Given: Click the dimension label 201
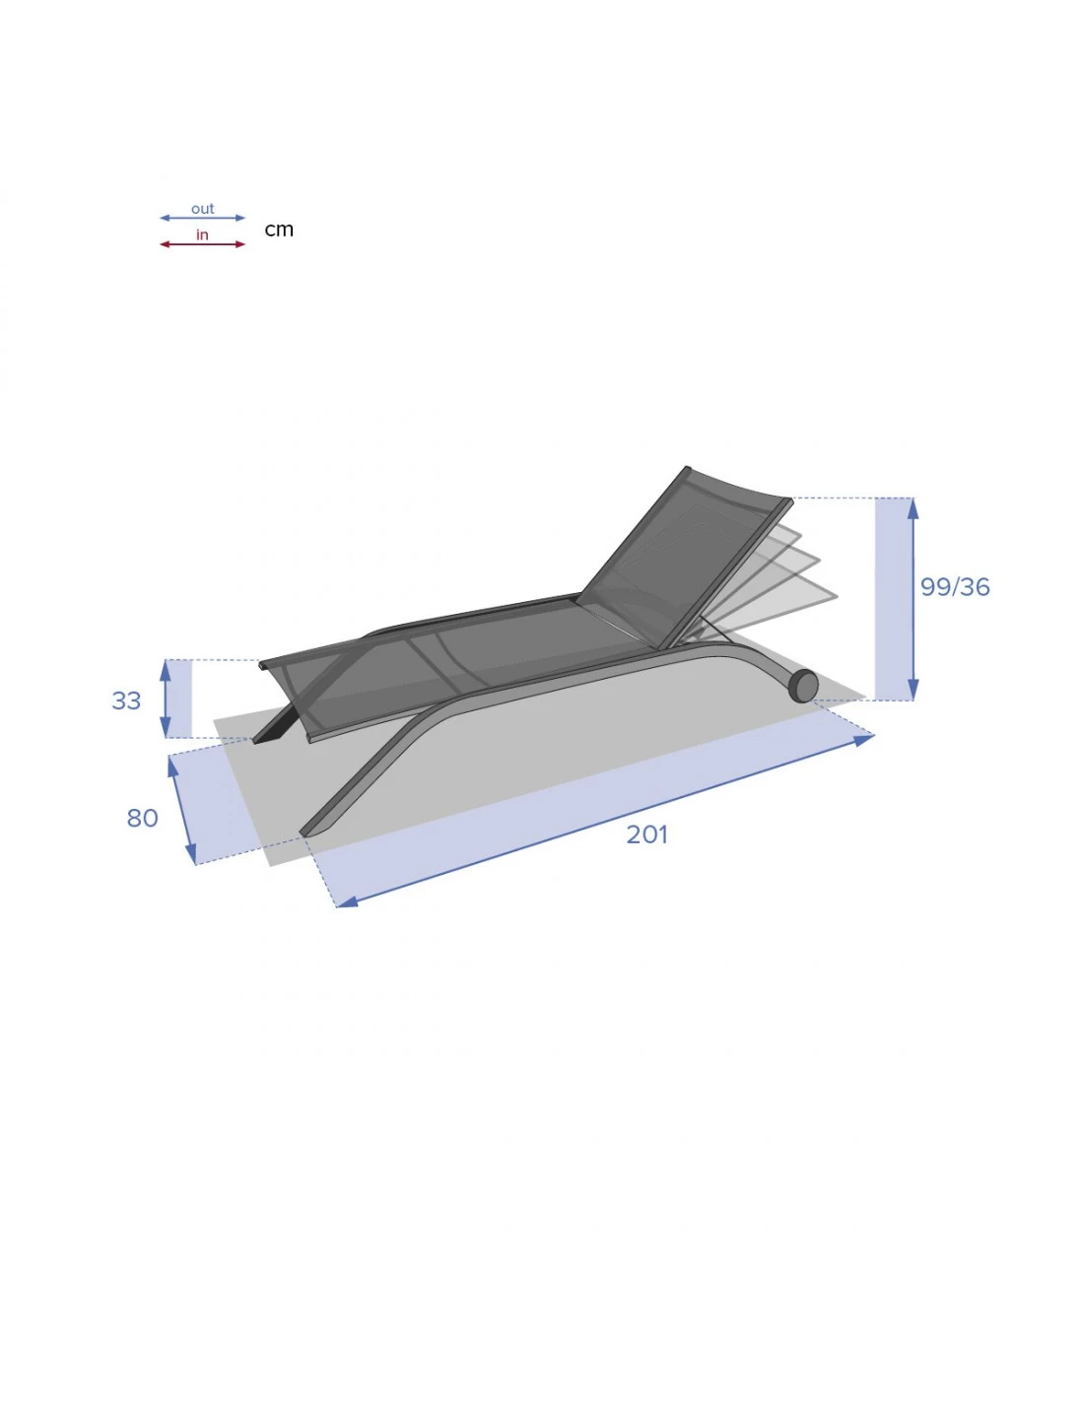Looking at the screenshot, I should click(646, 834).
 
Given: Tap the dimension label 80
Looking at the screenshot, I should click(142, 818).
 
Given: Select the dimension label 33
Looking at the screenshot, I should click(126, 700).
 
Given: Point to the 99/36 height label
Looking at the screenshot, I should click(954, 587).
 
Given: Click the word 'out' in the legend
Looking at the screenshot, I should click(202, 209).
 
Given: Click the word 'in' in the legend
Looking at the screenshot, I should click(202, 234).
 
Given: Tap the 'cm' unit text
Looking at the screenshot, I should click(279, 230).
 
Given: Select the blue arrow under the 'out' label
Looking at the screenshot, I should click(202, 218).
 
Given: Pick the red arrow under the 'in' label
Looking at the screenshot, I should click(202, 244).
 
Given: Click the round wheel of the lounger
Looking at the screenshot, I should click(803, 685).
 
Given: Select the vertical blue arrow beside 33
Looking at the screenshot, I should click(166, 699).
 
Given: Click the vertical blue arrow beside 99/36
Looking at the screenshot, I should click(914, 599).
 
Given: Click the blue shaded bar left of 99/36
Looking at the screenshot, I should click(893, 599).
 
